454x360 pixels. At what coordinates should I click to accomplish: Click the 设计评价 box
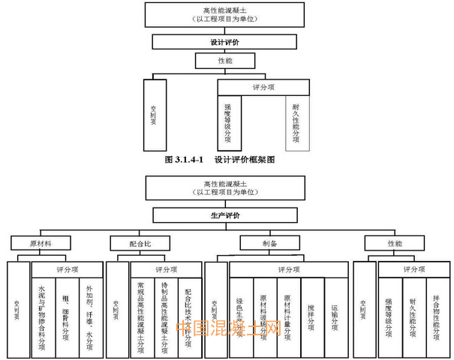[x=226, y=42]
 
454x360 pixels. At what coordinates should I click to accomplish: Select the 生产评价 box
[x=226, y=216]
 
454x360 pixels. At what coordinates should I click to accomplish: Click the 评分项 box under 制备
[x=288, y=268]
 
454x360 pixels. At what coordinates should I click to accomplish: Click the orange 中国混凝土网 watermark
[x=228, y=328]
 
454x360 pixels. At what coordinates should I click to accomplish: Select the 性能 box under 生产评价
[x=394, y=244]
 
